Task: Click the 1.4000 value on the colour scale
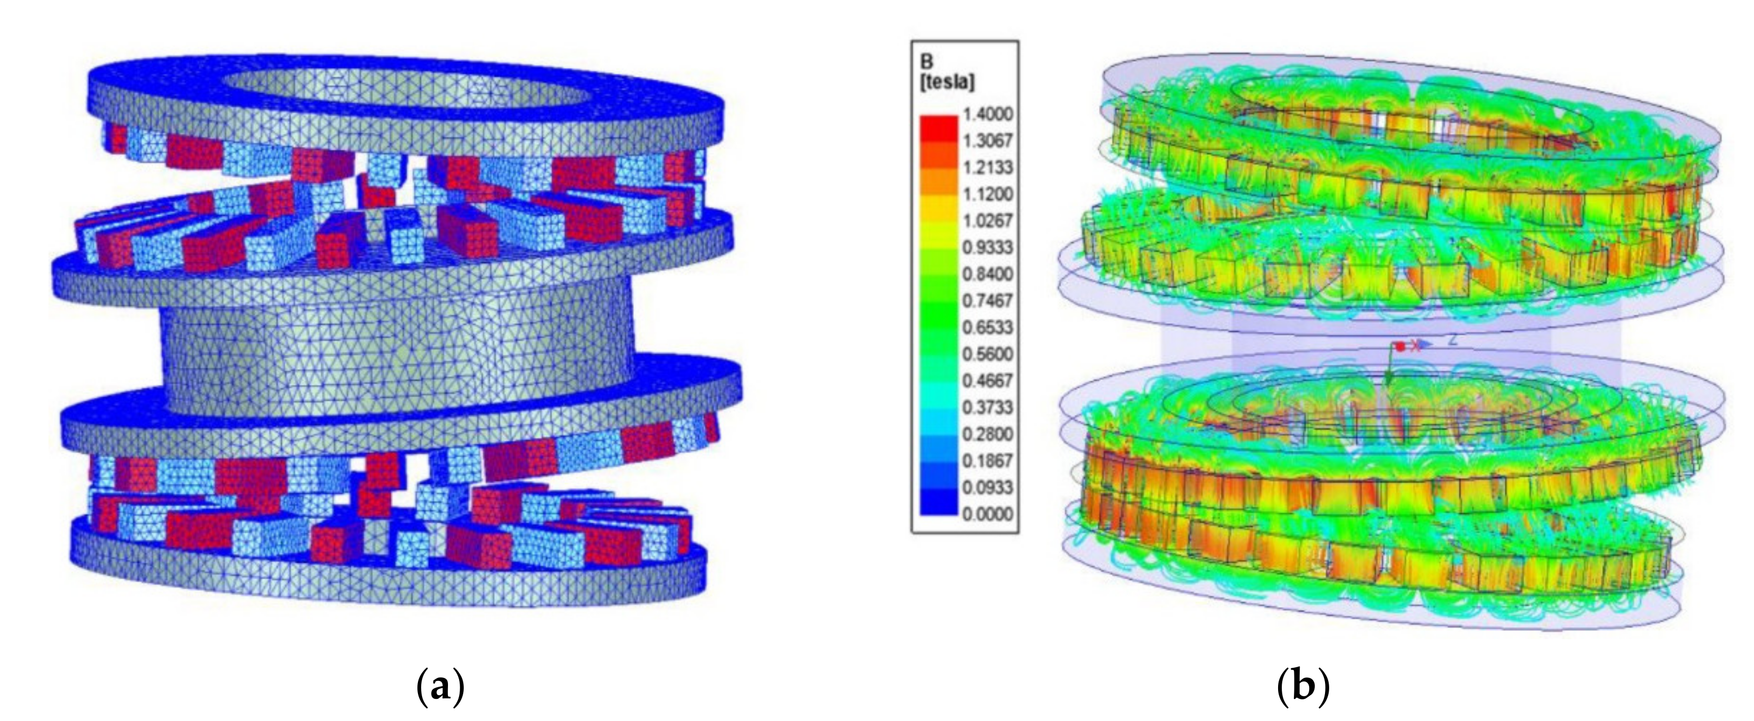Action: point(987,114)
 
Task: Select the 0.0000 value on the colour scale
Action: point(987,514)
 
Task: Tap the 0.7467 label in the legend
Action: point(987,301)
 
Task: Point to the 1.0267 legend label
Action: point(987,221)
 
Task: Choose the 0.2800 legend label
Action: point(987,434)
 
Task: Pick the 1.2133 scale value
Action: point(987,168)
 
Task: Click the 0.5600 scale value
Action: point(987,354)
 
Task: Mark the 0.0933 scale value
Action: point(987,488)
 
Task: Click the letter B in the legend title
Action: point(927,63)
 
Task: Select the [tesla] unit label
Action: point(947,82)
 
